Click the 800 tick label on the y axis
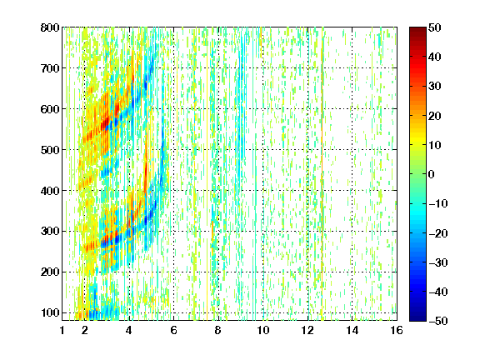click(x=50, y=27)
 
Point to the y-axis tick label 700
click(x=50, y=68)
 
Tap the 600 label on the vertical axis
click(x=50, y=109)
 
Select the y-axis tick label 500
click(x=50, y=150)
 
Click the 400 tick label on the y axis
click(x=50, y=191)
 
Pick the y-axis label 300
click(x=50, y=232)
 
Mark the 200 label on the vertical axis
click(x=50, y=272)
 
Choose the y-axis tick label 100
click(x=50, y=312)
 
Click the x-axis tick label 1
click(x=62, y=330)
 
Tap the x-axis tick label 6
click(x=174, y=330)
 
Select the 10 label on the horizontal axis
click(x=263, y=330)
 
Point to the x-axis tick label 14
click(x=352, y=330)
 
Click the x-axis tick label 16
click(x=397, y=330)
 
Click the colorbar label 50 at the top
click(x=434, y=27)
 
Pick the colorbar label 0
click(x=432, y=174)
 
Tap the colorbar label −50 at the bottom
click(x=438, y=321)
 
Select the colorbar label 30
click(x=434, y=87)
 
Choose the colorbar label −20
click(x=438, y=233)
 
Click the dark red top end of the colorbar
click(x=417, y=29)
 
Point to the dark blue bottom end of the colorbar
click(x=417, y=318)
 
